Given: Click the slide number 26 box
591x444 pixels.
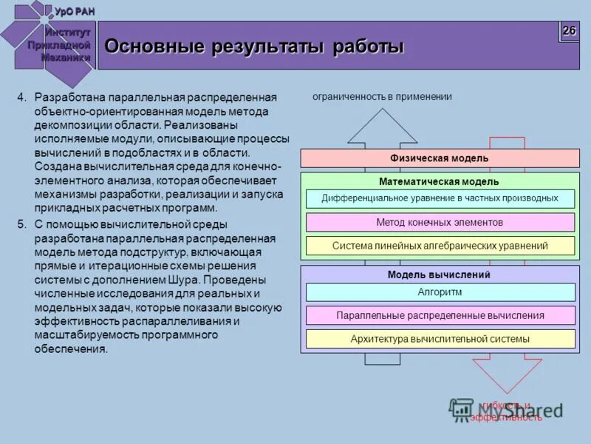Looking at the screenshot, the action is tap(569, 31).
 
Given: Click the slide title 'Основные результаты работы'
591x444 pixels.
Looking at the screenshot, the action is tap(254, 47).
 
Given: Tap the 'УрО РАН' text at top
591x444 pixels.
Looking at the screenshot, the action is tap(75, 10).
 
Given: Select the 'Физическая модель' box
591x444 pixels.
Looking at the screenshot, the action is tap(440, 158).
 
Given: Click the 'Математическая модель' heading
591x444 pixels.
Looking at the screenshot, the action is tap(440, 181).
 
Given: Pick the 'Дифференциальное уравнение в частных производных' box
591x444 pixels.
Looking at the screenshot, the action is tap(440, 198).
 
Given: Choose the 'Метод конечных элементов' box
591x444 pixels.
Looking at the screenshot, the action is tap(440, 222).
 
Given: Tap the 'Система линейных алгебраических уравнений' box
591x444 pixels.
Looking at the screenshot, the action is tap(440, 246).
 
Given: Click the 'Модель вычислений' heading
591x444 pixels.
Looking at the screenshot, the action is tap(440, 275).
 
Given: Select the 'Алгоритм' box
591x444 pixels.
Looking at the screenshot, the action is tap(440, 292).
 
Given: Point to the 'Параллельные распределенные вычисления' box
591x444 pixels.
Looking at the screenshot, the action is tap(440, 315).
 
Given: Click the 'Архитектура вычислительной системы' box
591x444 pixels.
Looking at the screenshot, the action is tap(440, 339).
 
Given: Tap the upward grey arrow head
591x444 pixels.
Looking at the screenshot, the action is tap(382, 126).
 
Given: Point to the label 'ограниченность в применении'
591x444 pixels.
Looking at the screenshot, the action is tap(382, 97).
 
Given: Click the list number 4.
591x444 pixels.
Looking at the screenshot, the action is tap(21, 98).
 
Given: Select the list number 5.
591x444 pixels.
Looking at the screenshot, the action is tap(21, 224).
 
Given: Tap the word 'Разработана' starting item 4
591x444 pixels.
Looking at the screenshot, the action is tap(66, 98).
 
